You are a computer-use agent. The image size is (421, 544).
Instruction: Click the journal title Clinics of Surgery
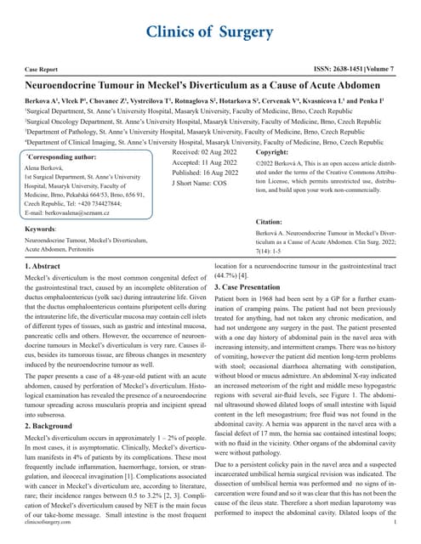point(210,31)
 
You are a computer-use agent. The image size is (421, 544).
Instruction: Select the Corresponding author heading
point(67,157)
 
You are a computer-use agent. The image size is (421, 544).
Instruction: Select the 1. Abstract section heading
point(50,292)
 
